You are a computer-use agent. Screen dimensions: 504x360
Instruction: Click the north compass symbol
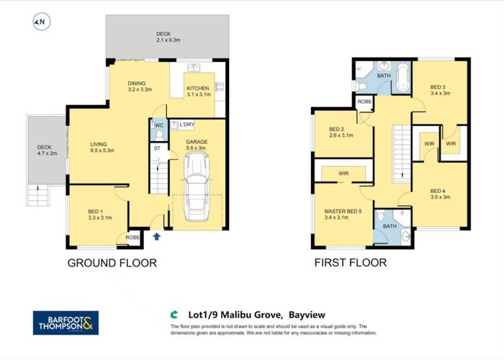(42, 22)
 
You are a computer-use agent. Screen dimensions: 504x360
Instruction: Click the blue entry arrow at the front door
(156, 237)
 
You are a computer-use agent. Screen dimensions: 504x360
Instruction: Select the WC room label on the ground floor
(159, 125)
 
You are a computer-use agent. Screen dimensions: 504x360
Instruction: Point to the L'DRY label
(186, 125)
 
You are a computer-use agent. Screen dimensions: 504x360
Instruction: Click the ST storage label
(157, 148)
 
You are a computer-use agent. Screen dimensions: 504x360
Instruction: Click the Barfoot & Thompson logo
(66, 323)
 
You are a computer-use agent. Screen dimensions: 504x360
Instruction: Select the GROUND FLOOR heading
(112, 263)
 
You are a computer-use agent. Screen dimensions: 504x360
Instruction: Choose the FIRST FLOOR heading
(351, 263)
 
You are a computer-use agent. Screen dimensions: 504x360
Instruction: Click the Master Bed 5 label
(343, 211)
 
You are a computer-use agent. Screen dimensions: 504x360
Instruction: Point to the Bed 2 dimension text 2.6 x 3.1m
(341, 135)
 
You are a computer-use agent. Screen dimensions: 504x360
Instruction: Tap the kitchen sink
(194, 67)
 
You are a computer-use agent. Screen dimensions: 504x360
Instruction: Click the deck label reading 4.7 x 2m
(47, 153)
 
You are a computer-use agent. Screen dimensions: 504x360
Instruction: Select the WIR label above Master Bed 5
(343, 174)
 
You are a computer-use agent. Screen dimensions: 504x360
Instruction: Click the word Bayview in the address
(307, 315)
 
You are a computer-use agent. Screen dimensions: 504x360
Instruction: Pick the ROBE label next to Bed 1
(132, 238)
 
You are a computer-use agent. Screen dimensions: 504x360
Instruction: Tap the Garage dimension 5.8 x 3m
(197, 148)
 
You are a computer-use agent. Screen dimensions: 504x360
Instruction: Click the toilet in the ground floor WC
(159, 136)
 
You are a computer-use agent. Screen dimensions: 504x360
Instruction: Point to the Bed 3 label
(438, 87)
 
